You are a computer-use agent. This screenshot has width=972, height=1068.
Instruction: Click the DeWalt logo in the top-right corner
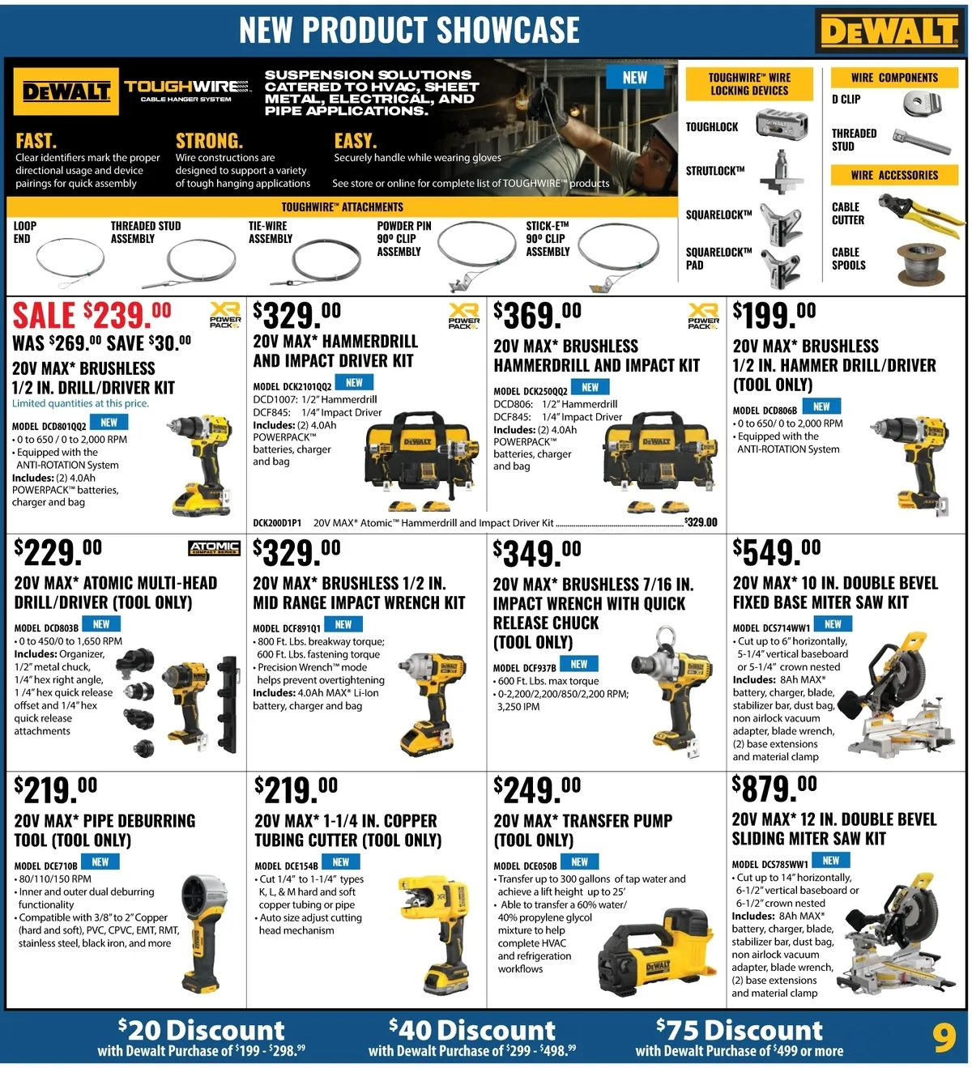coord(889,30)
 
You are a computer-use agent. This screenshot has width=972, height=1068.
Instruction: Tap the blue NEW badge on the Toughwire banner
coord(635,77)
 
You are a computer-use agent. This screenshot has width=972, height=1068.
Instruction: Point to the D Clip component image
coord(922,103)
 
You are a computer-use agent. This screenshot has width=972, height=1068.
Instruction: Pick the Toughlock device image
coord(782,124)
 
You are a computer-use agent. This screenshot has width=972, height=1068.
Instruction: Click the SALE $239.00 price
coord(92,315)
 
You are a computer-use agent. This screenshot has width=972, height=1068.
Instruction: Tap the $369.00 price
coord(537,315)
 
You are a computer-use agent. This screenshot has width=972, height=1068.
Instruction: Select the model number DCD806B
coord(765,411)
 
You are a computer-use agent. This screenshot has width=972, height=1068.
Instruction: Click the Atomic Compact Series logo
coord(214,548)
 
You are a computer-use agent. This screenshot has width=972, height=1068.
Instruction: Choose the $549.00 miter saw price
coord(777,551)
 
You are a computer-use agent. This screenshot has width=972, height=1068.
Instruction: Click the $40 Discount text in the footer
coord(472,1030)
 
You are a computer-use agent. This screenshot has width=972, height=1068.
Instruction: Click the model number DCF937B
coord(525,668)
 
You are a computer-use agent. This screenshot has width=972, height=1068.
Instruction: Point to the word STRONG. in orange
coord(209,141)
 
